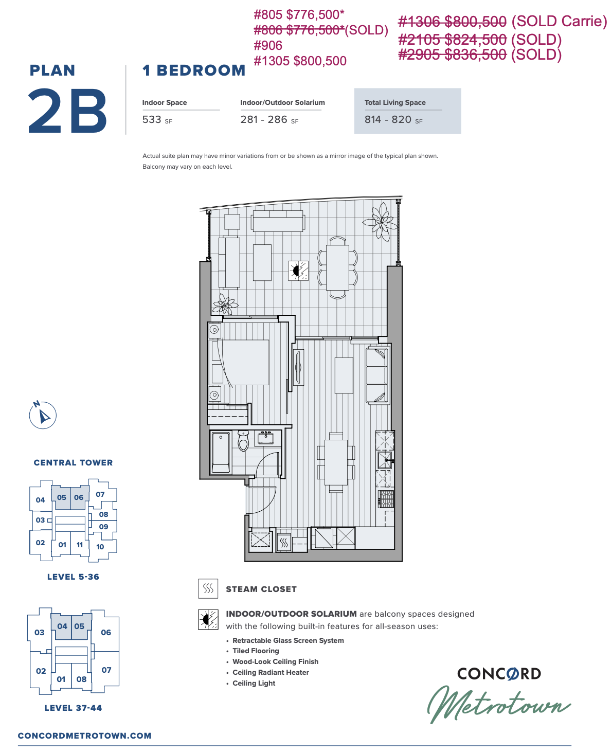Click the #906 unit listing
coord(268,45)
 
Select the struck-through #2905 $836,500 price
coord(452,55)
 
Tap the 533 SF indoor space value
coord(157,119)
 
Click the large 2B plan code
coord(67,111)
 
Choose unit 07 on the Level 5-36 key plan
coord(100,494)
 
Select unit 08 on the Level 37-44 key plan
coord(81,679)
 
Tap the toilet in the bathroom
coord(243,440)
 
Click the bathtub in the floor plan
coord(221,452)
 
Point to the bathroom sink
coord(266,438)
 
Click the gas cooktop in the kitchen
coord(386,499)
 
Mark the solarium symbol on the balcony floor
coord(298,271)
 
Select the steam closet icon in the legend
coord(208,588)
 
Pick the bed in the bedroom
coord(240,363)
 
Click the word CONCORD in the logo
coord(499,674)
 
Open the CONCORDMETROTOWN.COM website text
coord(85,736)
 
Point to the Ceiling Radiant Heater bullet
coord(271,672)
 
